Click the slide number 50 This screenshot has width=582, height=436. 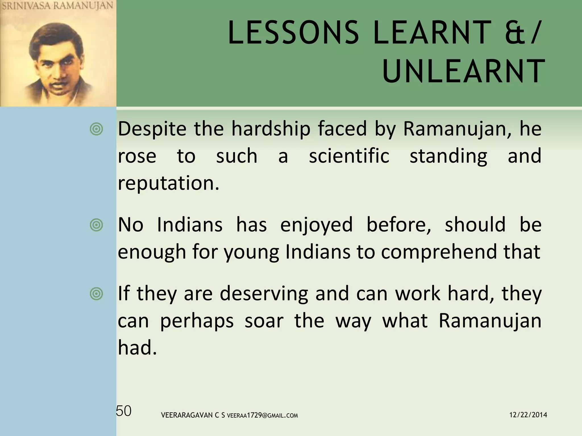click(x=124, y=411)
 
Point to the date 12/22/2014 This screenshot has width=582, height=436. click(x=528, y=415)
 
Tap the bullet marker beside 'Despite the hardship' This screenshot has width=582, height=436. click(x=97, y=129)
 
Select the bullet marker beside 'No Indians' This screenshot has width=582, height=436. click(x=97, y=225)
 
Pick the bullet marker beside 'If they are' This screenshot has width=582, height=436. click(x=97, y=294)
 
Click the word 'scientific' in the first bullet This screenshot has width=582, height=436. click(x=349, y=156)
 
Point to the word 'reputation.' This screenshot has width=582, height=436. click(x=169, y=183)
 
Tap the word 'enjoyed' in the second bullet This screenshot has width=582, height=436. click(x=316, y=225)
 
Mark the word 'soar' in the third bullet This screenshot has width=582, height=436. click(x=264, y=321)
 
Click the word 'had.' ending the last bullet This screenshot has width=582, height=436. click(x=137, y=347)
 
